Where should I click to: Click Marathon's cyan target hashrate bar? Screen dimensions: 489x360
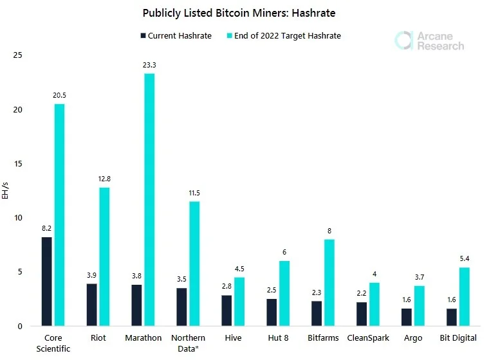(x=149, y=200)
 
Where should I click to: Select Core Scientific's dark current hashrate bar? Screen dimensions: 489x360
(x=47, y=282)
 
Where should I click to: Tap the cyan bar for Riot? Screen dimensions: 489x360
(x=104, y=257)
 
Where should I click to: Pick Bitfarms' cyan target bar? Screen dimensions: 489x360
(x=329, y=283)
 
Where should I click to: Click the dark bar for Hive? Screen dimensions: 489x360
(x=226, y=310)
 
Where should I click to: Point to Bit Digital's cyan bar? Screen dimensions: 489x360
(x=465, y=297)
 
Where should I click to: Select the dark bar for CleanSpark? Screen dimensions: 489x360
(x=362, y=314)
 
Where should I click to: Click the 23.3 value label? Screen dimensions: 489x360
(x=149, y=65)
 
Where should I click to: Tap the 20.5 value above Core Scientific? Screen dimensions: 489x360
(x=59, y=95)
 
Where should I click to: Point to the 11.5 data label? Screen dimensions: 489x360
(x=194, y=194)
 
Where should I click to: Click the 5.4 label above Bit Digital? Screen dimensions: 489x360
(x=465, y=258)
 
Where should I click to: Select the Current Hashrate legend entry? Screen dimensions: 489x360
(x=176, y=36)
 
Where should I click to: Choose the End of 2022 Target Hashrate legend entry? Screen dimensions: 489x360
(x=284, y=36)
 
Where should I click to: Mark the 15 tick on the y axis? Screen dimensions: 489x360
(x=18, y=164)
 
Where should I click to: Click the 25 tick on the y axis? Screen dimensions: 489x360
(x=18, y=55)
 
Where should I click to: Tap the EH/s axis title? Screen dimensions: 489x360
(x=5, y=190)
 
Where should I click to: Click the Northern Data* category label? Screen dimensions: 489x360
(x=189, y=343)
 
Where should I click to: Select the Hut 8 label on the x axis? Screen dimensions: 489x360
(x=278, y=338)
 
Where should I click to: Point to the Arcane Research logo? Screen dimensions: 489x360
(x=429, y=41)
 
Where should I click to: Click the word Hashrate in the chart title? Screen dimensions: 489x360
(x=314, y=13)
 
